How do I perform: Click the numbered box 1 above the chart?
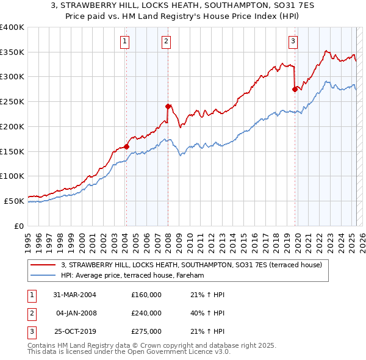[125, 41]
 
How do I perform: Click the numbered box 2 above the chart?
[166, 41]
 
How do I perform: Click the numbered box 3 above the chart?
[293, 41]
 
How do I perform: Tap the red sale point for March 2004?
[126, 146]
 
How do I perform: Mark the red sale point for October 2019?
[295, 89]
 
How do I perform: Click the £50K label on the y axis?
[15, 201]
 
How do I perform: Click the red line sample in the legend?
[44, 265]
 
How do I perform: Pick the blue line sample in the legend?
[44, 276]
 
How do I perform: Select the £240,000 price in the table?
[146, 313]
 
